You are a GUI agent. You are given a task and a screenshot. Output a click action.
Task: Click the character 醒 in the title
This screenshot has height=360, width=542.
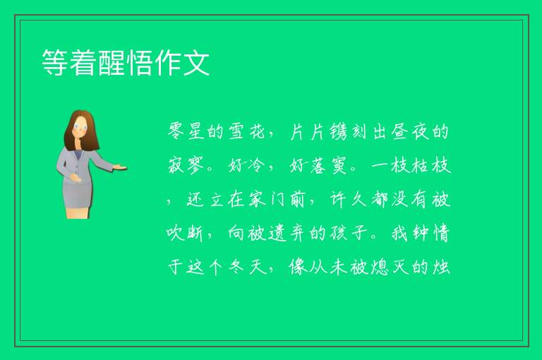point(112,62)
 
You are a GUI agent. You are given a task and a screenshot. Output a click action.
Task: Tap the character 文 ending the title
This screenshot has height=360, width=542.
point(196,62)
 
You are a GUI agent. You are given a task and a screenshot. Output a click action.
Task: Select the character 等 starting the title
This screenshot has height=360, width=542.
point(54,62)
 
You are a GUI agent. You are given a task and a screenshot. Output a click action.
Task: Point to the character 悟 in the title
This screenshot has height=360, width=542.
point(140,62)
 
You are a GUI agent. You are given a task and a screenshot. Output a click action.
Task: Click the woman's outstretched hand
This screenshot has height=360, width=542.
point(119,167)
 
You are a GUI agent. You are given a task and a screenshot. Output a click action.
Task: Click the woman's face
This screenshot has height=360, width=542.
point(81,127)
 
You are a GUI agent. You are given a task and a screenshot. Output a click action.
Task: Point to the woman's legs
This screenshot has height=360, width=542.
point(78,212)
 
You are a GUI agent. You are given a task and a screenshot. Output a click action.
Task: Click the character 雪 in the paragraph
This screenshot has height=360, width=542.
point(237,131)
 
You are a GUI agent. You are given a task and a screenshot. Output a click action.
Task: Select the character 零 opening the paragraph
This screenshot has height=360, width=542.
point(176,131)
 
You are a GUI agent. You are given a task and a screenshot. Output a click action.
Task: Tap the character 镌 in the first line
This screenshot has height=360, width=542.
point(338,131)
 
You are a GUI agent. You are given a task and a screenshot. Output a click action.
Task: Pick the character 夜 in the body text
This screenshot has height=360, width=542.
point(420,131)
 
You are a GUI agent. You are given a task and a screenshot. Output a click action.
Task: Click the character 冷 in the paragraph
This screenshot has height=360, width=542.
point(256,165)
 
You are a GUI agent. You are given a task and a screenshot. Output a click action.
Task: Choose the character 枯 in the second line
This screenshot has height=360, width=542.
point(420,165)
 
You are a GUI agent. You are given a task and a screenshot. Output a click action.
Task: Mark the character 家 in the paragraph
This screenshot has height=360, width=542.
point(257,199)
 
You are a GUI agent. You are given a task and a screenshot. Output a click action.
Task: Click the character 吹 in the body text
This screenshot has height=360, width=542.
point(175,233)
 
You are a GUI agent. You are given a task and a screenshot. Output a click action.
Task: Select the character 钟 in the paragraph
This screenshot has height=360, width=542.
point(420,233)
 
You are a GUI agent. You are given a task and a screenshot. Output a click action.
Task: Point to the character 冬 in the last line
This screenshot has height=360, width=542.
point(237,267)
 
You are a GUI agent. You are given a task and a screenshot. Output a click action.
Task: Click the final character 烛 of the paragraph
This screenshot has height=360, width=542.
point(440,267)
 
